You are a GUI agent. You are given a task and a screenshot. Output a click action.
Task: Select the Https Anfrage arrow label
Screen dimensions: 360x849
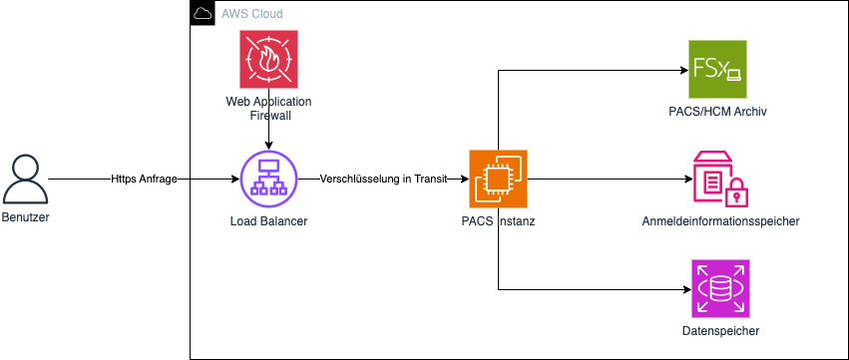pyautogui.click(x=145, y=180)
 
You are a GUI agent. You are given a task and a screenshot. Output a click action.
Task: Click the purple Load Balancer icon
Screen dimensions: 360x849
pyautogui.click(x=268, y=180)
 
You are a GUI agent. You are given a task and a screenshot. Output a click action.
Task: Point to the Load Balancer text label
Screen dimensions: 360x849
pyautogui.click(x=268, y=220)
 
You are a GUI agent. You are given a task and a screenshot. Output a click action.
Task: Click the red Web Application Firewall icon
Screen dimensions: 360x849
pyautogui.click(x=268, y=59)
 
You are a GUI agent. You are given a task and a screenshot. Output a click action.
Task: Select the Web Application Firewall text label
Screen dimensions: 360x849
pyautogui.click(x=268, y=109)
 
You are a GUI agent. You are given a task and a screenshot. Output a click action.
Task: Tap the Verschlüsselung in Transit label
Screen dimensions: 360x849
pyautogui.click(x=381, y=180)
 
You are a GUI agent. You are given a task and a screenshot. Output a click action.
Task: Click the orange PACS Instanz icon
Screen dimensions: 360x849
pyautogui.click(x=498, y=180)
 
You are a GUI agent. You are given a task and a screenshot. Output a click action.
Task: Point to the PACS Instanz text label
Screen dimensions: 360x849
pyautogui.click(x=498, y=220)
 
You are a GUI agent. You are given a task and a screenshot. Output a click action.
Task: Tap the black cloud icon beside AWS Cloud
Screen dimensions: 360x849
pyautogui.click(x=202, y=14)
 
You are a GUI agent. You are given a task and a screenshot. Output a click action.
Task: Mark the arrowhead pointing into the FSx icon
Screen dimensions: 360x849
pyautogui.click(x=683, y=70)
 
